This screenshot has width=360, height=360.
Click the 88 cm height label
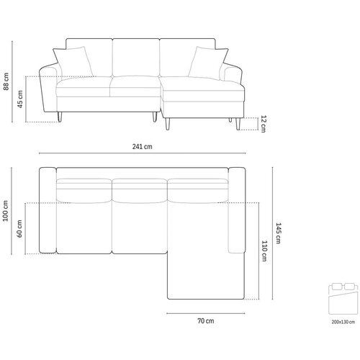pos(6,81)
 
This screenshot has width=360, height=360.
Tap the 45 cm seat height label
pos(20,99)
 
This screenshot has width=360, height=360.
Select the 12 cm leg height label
pos(264,124)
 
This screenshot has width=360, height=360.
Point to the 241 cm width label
pos(142,146)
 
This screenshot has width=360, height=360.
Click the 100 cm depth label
pos(5,211)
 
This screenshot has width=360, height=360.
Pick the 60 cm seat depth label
pos(19,229)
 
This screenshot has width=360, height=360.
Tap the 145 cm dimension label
pos(278,233)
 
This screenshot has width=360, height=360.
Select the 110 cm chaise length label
pos(264,251)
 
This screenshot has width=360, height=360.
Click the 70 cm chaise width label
pos(206,321)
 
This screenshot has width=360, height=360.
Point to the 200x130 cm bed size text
pos(343,322)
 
